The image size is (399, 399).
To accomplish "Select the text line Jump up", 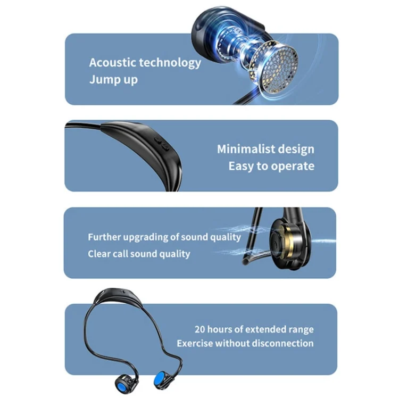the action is click(x=113, y=80).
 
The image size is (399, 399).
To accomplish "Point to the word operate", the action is click(x=293, y=167).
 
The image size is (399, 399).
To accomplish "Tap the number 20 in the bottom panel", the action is click(x=199, y=329).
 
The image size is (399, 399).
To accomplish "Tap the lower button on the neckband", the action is click(x=165, y=147).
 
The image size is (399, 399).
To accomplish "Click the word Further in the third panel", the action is click(x=104, y=237).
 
